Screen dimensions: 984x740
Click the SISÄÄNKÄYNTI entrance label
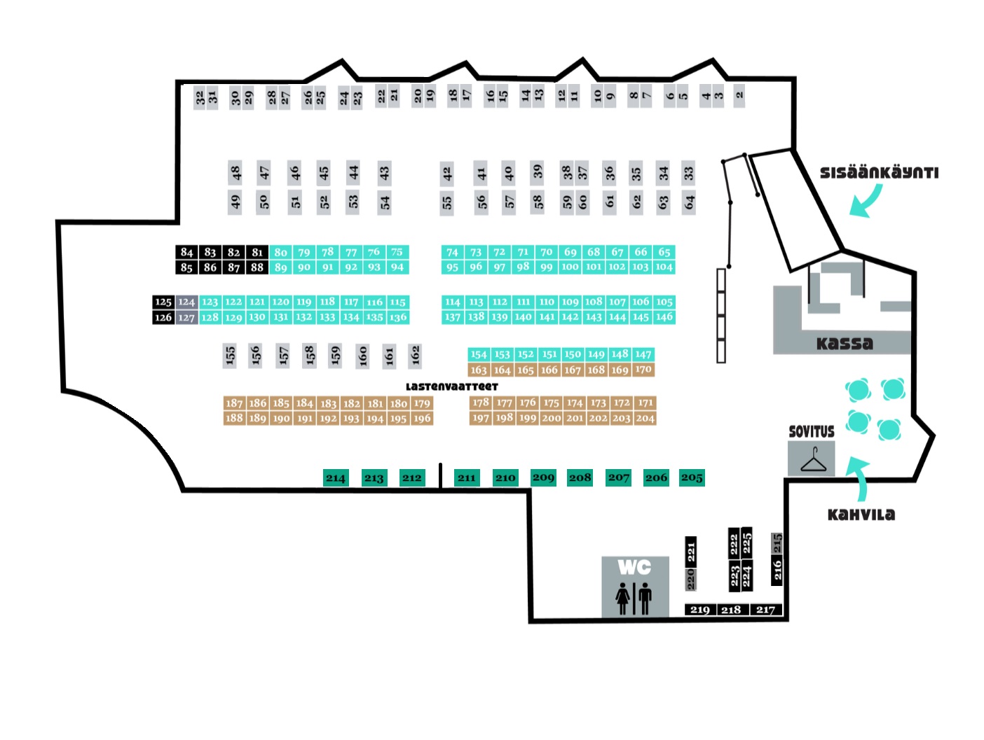coord(879,172)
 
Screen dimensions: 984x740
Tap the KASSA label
coord(845,343)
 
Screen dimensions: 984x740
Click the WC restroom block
coord(635,587)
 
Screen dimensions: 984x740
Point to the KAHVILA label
coord(861,515)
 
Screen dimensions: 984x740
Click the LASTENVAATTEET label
coord(451,386)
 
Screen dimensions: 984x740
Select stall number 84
coord(186,252)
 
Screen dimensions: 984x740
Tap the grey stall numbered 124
coord(186,302)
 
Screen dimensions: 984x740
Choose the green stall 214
coord(335,477)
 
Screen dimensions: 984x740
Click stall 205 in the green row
coord(692,477)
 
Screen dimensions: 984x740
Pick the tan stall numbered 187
coord(234,403)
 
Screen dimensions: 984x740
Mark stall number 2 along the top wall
coord(739,95)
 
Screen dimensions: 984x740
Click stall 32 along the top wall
coord(200,97)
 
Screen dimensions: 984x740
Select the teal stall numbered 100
coord(570,267)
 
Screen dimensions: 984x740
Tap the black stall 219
coord(699,609)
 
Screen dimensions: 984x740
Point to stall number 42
coord(446,174)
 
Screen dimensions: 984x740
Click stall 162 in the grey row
coord(415,356)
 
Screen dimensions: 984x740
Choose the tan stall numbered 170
coord(643,370)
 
